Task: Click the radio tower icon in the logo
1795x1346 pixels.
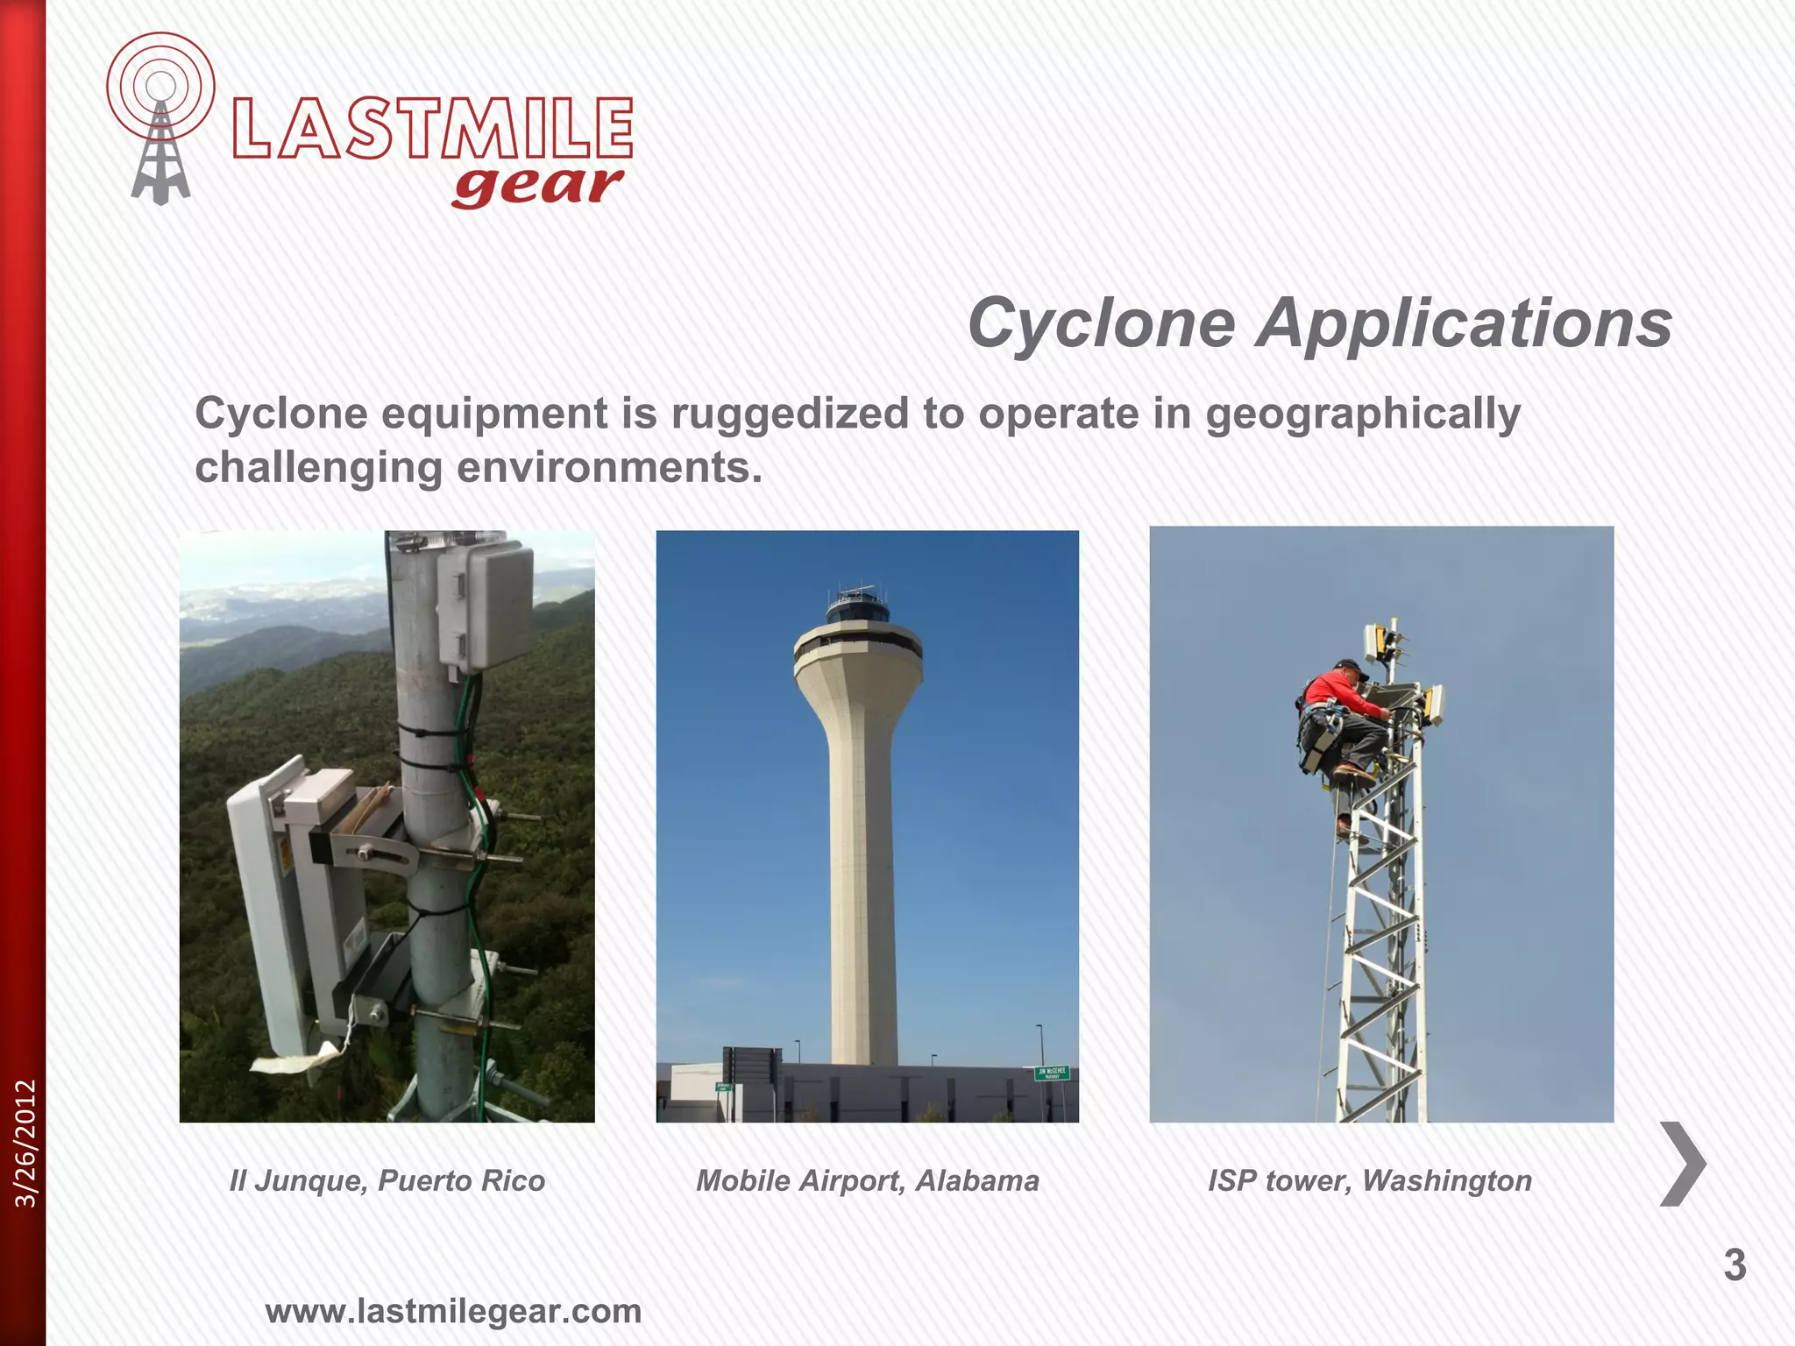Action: [x=160, y=123]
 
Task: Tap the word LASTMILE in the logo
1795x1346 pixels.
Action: [x=432, y=129]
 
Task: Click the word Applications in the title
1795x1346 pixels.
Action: [x=1464, y=323]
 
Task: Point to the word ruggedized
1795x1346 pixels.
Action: [x=790, y=414]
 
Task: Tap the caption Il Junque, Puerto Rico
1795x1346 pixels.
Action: [x=387, y=1181]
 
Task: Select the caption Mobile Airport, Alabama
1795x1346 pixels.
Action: [x=867, y=1181]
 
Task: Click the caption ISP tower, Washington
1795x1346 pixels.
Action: [x=1369, y=1181]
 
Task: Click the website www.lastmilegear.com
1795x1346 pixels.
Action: [x=453, y=1312]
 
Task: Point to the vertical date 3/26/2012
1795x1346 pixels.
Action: [x=26, y=1144]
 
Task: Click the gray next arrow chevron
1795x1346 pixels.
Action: [x=1684, y=1164]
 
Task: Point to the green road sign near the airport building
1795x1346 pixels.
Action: [x=1052, y=1073]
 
